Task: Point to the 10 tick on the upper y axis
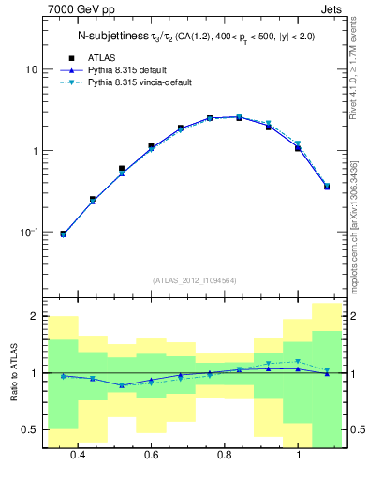32,70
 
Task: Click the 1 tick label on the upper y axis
35,151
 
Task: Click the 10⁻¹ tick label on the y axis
29,232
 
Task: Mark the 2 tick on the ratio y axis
35,317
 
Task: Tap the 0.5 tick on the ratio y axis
31,429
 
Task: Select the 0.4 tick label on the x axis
78,455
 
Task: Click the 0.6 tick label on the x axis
151,455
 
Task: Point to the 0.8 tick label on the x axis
225,455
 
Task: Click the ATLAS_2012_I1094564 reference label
195,279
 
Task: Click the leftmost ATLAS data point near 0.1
64,233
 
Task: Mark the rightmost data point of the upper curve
327,186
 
